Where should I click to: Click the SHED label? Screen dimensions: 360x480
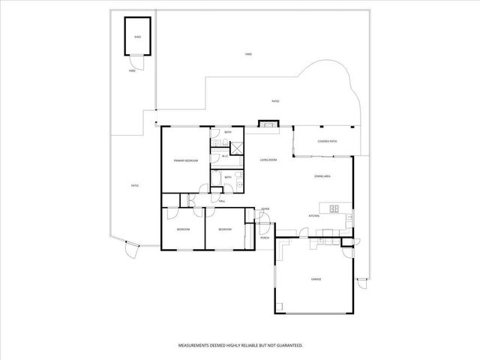pyautogui.click(x=137, y=35)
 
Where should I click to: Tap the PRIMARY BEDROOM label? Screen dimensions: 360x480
pyautogui.click(x=185, y=160)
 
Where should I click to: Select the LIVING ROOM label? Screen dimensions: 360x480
pyautogui.click(x=268, y=160)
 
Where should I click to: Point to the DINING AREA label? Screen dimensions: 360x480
pyautogui.click(x=322, y=176)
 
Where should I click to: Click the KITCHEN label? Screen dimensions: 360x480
pyautogui.click(x=314, y=216)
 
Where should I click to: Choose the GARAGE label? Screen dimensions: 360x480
pyautogui.click(x=316, y=279)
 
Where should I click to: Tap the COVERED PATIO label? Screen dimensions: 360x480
pyautogui.click(x=327, y=141)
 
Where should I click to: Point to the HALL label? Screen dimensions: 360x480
pyautogui.click(x=222, y=201)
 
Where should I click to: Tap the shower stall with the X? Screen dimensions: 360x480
pyautogui.click(x=234, y=146)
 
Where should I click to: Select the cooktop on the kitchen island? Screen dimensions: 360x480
pyautogui.click(x=334, y=208)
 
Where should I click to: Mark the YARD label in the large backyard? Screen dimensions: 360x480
pyautogui.click(x=248, y=54)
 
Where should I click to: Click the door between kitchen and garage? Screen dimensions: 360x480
pyautogui.click(x=303, y=235)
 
